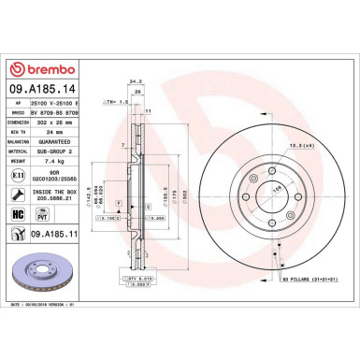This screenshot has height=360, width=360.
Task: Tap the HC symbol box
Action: point(20,213)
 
